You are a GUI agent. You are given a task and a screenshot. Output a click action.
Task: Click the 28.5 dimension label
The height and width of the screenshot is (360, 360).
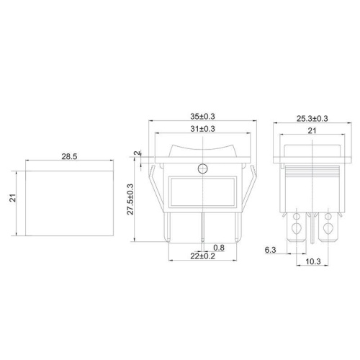(x=69, y=156)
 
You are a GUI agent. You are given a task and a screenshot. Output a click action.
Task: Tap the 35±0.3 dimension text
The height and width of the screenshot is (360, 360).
(x=202, y=117)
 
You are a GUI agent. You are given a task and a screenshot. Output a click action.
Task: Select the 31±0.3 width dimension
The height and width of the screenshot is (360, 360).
(x=202, y=129)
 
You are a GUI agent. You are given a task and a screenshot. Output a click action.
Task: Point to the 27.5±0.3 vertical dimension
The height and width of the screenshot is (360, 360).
(x=130, y=199)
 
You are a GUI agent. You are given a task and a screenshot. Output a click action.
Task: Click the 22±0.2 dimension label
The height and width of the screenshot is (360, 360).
(x=202, y=256)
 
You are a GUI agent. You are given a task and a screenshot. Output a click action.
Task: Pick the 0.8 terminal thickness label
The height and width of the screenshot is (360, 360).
(x=219, y=248)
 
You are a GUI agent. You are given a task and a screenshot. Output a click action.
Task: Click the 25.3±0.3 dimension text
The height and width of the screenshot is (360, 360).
(x=312, y=119)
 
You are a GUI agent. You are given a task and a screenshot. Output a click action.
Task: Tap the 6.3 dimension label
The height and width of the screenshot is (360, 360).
(x=270, y=250)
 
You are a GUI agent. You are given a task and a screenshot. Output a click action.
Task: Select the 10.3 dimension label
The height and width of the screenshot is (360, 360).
(x=313, y=261)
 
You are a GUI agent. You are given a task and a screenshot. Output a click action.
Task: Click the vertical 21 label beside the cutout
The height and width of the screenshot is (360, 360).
(x=13, y=198)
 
